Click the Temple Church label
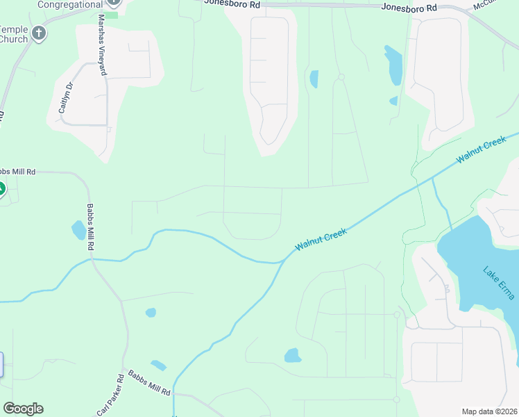tap(14, 35)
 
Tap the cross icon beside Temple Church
tap(40, 33)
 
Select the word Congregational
tap(69, 4)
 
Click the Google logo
tap(23, 409)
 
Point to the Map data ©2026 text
tap(489, 411)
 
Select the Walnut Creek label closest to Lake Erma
tap(482, 150)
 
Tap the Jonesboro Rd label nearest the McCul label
tap(409, 8)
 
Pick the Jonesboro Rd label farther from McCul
tap(232, 3)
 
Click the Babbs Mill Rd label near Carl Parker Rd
tap(149, 382)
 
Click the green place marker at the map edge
tap(2, 188)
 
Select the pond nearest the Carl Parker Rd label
tap(158, 365)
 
